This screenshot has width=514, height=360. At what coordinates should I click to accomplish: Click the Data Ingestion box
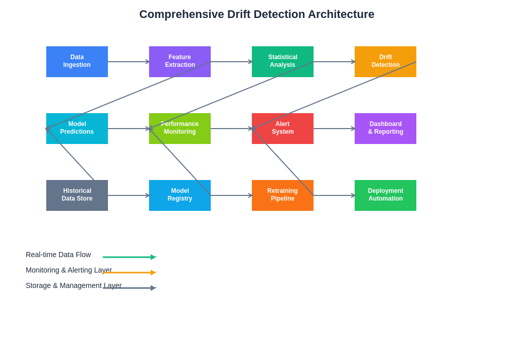point(77,62)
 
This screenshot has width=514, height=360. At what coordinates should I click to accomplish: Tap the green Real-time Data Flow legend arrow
point(128,257)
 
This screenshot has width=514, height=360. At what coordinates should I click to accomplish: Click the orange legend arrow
point(128,273)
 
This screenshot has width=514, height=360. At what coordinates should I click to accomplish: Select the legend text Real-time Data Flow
point(58,255)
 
